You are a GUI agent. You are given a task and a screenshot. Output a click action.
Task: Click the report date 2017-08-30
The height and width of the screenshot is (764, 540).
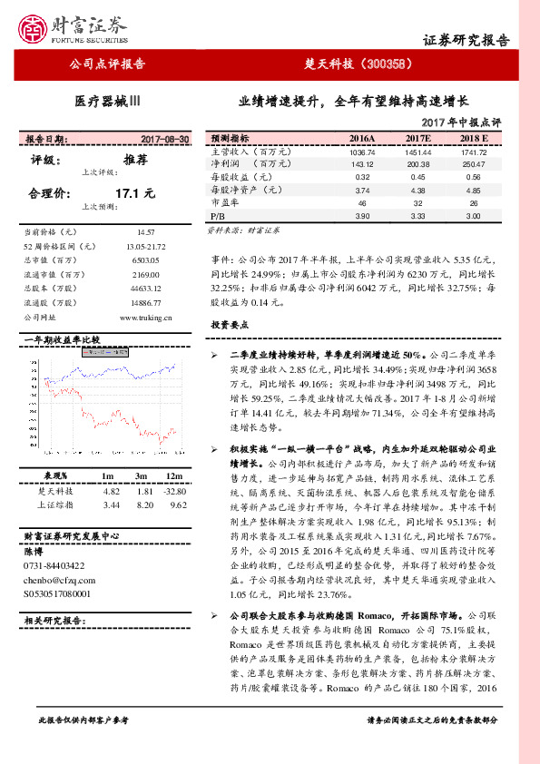coord(166,139)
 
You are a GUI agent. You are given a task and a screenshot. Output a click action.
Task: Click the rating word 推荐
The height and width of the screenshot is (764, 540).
coord(135,159)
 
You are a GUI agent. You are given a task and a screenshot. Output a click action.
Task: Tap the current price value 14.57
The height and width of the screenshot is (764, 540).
coord(146,232)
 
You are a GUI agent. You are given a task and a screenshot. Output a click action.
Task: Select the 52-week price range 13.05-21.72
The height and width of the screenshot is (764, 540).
coord(146,246)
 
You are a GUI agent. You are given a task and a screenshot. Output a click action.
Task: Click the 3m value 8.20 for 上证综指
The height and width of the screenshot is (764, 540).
coord(142,504)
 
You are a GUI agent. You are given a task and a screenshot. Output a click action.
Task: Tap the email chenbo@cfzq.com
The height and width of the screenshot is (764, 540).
coord(57,579)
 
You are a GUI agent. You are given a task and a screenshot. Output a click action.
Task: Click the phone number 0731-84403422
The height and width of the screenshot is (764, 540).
coord(60,565)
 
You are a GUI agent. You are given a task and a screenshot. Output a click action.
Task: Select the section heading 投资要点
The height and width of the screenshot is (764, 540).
coord(230,325)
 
